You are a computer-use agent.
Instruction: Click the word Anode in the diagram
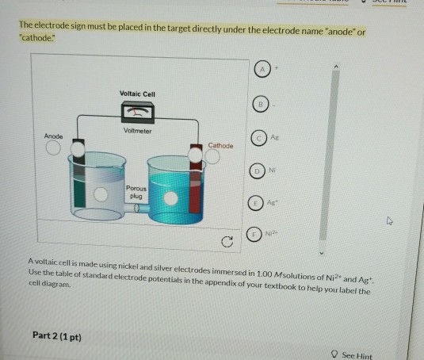tap(53, 136)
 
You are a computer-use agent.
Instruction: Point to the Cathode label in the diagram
tap(221, 146)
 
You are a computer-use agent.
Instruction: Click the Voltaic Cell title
tap(137, 94)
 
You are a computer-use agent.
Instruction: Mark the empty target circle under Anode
tap(53, 148)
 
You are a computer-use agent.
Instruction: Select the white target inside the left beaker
tap(101, 194)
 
